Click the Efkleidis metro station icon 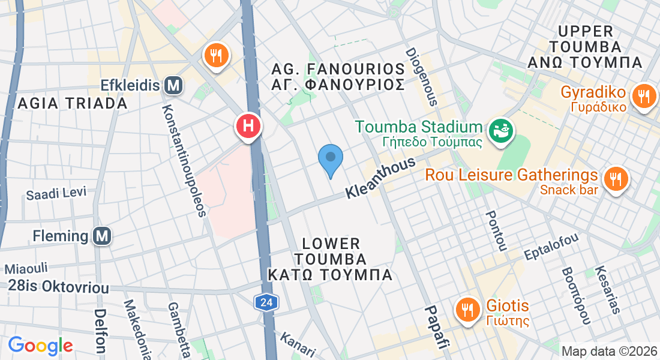[173, 86]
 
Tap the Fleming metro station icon [103, 236]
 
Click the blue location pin [330, 159]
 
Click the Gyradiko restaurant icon [644, 95]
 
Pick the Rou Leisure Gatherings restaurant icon [615, 179]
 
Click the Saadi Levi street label [56, 193]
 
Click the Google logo [40, 346]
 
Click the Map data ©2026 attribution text [609, 351]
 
